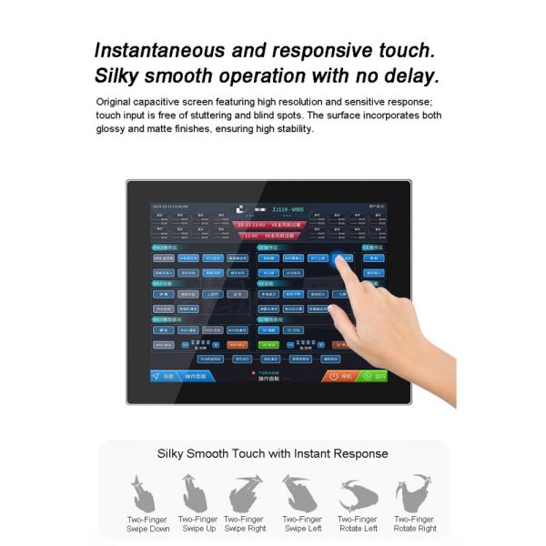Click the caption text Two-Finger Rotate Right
click(x=414, y=523)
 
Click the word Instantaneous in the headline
click(x=173, y=50)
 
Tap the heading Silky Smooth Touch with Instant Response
click(x=273, y=453)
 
